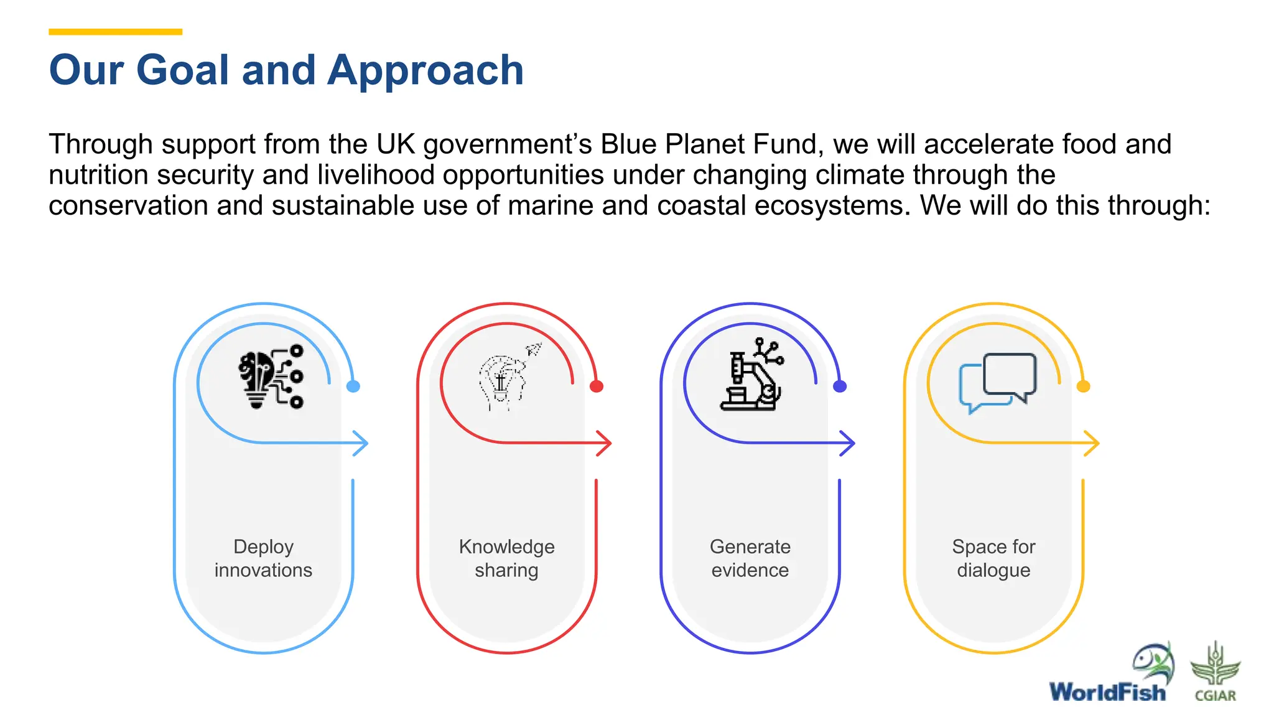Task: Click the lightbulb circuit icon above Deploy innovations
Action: tap(271, 378)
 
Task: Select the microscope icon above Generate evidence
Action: tap(751, 375)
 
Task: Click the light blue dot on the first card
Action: tap(353, 387)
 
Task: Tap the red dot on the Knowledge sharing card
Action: tap(597, 387)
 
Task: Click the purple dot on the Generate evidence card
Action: tap(840, 387)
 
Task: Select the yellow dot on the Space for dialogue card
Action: tap(1083, 387)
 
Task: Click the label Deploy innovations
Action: tap(264, 558)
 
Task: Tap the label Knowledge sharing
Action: tap(507, 558)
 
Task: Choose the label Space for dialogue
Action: tap(993, 558)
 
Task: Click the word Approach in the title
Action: tap(425, 70)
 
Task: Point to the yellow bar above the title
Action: tap(116, 32)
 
